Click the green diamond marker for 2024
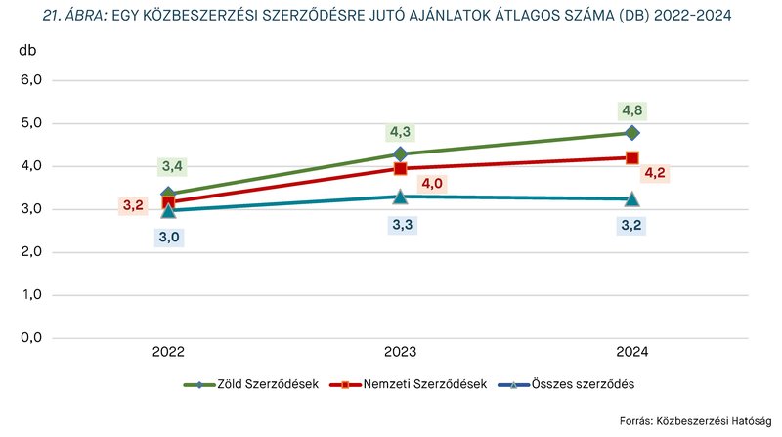pyautogui.click(x=632, y=132)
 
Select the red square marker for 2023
pyautogui.click(x=401, y=168)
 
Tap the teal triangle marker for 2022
pyautogui.click(x=168, y=210)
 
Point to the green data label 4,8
pyautogui.click(x=632, y=110)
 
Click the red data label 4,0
pyautogui.click(x=431, y=183)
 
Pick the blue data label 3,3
pyautogui.click(x=401, y=225)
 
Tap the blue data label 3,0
pyautogui.click(x=169, y=237)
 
